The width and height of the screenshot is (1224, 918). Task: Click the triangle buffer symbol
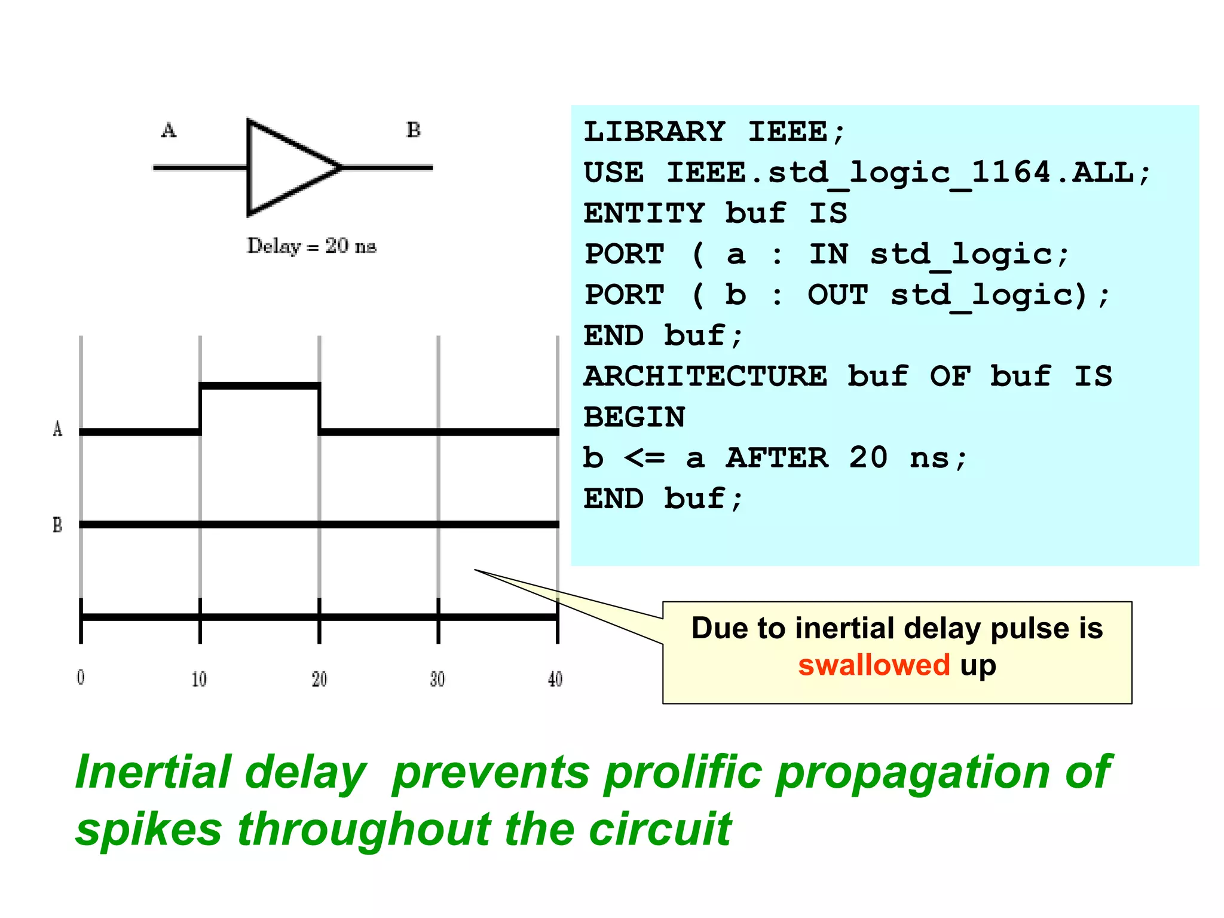point(287,167)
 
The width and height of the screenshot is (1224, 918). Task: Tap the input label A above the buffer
point(169,130)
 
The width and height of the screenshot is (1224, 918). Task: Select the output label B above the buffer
point(414,130)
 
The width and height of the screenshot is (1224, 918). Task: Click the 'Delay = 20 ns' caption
point(311,246)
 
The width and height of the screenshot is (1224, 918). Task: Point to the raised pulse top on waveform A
point(259,386)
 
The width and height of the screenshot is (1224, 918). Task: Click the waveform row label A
point(57,429)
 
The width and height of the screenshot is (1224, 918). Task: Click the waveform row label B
point(57,525)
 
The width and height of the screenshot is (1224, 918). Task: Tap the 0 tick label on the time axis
point(81,678)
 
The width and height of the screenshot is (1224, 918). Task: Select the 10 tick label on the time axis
point(199,679)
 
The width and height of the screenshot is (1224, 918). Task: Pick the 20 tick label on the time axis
point(319,679)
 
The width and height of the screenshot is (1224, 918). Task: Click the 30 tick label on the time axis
point(437,679)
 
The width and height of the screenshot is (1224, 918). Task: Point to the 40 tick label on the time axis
point(555,679)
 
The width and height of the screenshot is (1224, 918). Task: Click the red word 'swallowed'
point(874,665)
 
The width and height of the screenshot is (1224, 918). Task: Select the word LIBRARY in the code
point(654,131)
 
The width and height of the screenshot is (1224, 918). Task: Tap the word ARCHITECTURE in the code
point(705,377)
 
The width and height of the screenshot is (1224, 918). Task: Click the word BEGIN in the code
point(634,417)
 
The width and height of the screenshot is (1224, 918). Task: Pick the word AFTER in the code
point(777,458)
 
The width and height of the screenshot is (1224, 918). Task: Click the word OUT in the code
point(838,295)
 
